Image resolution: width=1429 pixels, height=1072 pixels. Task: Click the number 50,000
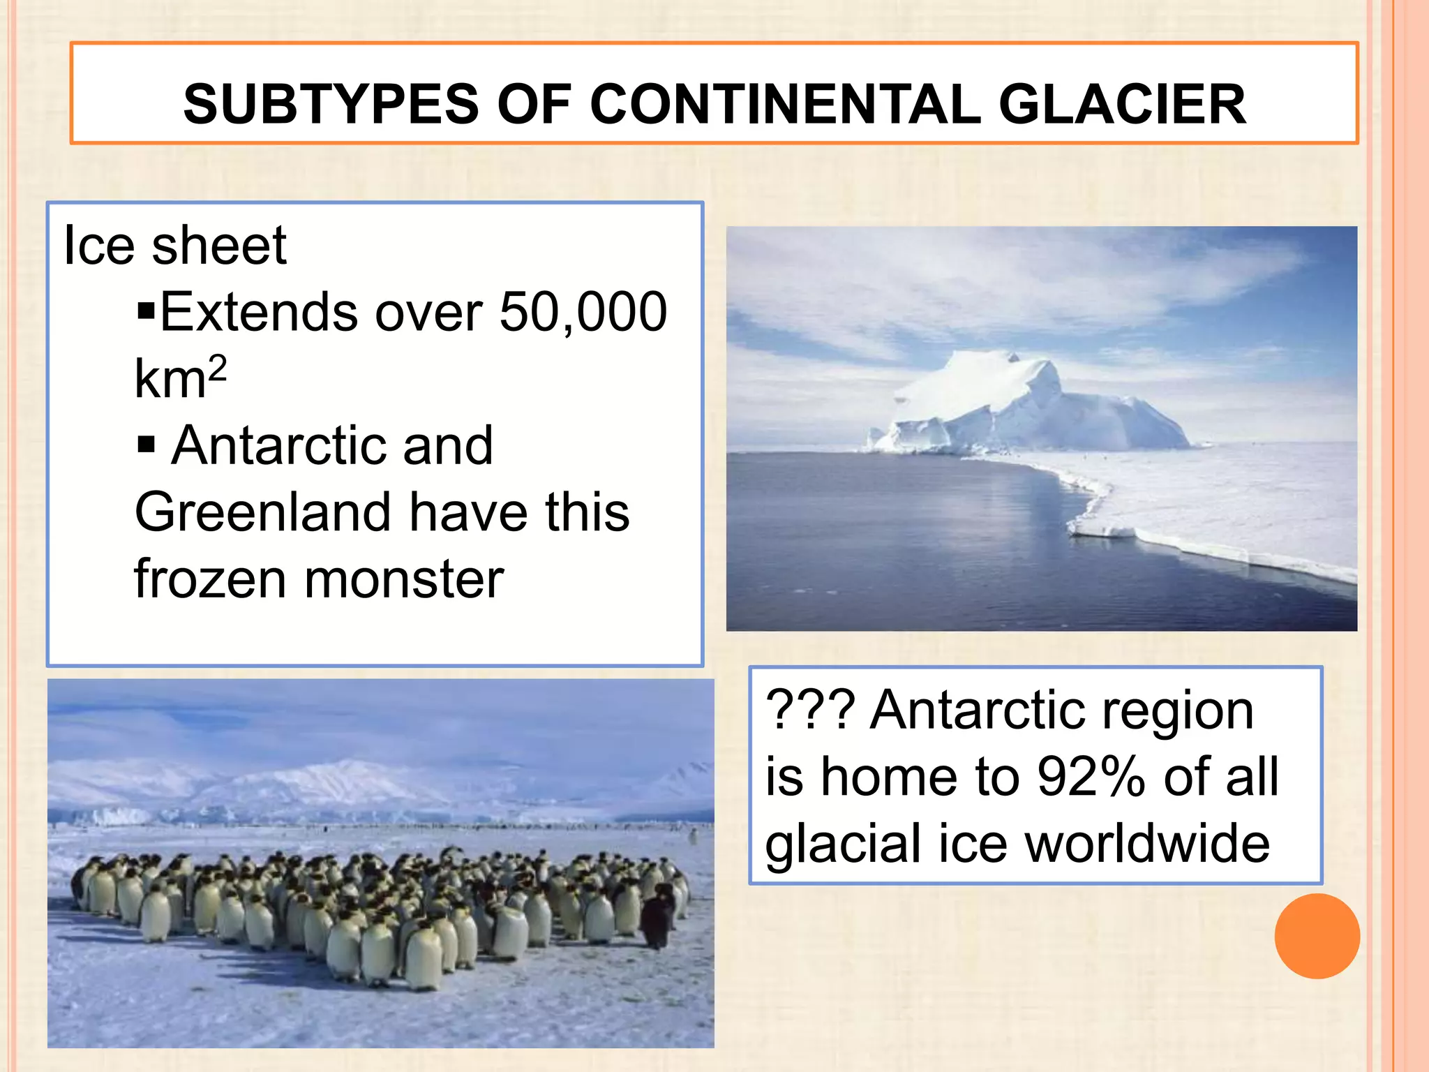[x=583, y=311]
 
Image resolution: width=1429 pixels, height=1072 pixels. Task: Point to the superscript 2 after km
[x=218, y=367]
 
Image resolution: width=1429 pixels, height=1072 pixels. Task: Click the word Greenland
[x=262, y=512]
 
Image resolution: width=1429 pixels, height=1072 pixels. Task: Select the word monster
[x=404, y=579]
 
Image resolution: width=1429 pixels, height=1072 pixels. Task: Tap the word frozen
[x=210, y=579]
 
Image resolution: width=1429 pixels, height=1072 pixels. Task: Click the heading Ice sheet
[x=174, y=246]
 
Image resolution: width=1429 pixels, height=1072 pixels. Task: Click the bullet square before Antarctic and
[x=146, y=444]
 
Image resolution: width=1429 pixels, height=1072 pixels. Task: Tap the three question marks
[x=810, y=710]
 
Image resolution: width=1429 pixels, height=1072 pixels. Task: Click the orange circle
[x=1317, y=936]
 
